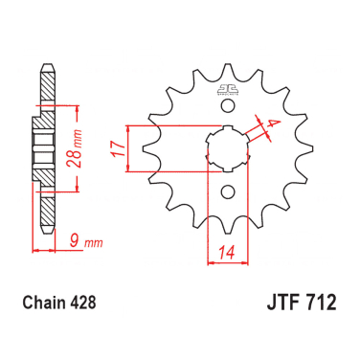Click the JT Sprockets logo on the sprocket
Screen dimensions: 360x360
coord(228,92)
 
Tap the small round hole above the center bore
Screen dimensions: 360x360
coord(228,111)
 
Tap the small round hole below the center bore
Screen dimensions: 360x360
coord(228,191)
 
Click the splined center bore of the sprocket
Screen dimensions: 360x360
coord(228,150)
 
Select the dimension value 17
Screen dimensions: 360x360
coord(115,149)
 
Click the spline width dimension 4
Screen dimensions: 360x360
coord(271,123)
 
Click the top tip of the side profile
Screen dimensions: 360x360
coord(44,68)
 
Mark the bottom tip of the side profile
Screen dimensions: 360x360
coord(44,233)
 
